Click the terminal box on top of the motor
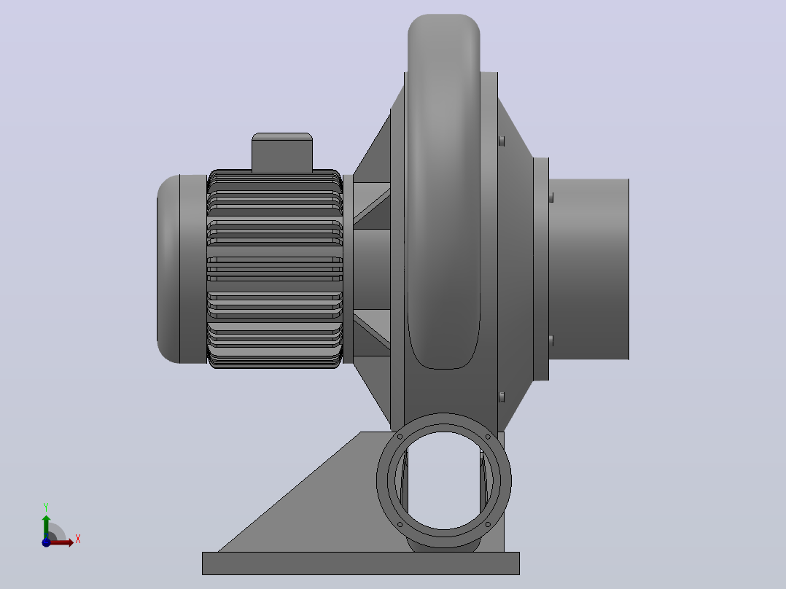(282, 152)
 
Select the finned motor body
(275, 269)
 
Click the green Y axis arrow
(46, 526)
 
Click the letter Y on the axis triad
(46, 507)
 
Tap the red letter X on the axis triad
(78, 539)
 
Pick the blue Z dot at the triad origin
(46, 542)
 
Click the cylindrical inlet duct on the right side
(589, 269)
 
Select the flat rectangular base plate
(361, 563)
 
